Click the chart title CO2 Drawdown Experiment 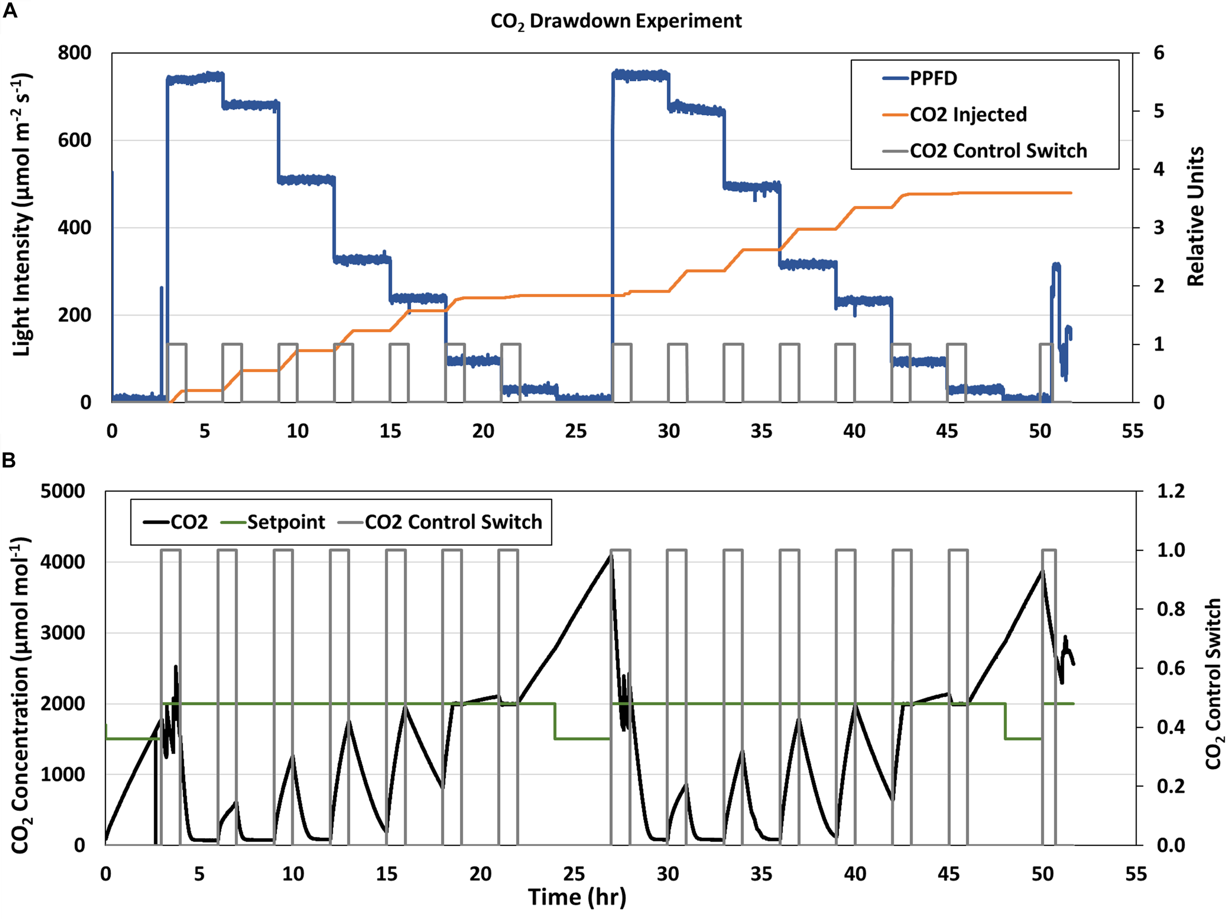615,21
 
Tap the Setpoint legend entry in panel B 286,522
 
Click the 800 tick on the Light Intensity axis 74,53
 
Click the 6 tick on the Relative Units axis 1159,53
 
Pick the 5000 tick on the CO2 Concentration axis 63,491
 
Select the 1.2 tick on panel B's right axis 1170,491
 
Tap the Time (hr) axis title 577,897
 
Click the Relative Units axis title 1196,217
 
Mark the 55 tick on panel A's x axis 1133,431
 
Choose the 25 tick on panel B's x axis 574,874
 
